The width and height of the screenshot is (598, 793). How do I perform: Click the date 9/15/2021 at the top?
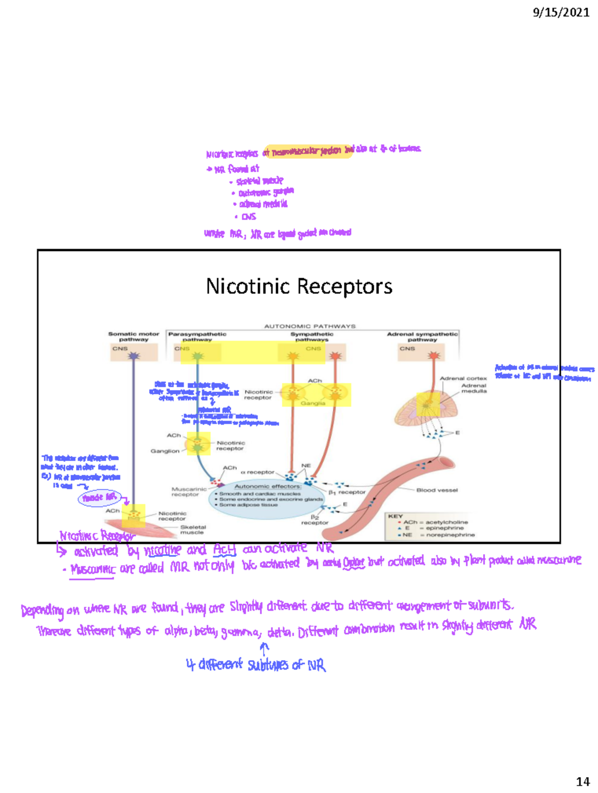561,12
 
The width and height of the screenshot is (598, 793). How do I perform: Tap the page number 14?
583,782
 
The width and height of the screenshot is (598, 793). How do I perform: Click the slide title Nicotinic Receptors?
299,286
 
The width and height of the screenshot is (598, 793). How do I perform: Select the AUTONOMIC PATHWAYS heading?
309,326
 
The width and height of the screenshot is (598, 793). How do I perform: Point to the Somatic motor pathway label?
134,337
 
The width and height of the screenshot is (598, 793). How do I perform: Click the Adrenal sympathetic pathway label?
422,337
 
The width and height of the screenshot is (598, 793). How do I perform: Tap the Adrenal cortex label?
463,378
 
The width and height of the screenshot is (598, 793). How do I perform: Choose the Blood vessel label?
437,490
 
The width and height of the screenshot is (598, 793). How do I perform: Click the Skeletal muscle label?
193,530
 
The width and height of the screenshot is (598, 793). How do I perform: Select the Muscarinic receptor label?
189,492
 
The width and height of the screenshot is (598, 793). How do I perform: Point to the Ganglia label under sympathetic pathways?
313,403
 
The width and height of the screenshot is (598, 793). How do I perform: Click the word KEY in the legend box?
395,516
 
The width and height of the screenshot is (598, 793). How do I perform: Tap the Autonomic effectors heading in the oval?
268,486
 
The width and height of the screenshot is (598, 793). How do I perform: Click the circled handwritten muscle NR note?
100,497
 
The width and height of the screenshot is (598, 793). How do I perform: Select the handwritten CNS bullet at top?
248,217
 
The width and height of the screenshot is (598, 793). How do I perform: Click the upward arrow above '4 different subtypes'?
264,647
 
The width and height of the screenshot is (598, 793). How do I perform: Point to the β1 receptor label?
347,492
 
